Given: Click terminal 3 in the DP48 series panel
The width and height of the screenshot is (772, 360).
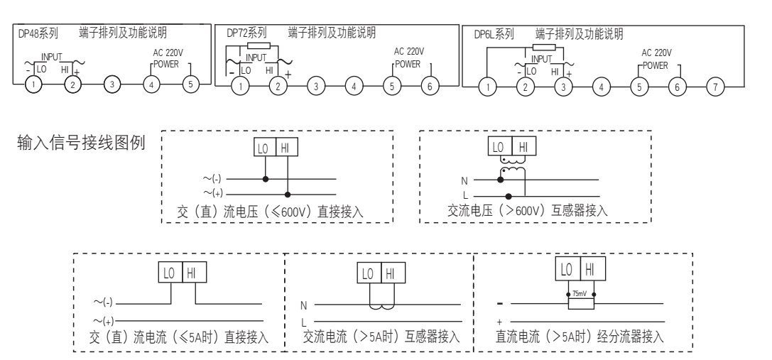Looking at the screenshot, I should tap(111, 84).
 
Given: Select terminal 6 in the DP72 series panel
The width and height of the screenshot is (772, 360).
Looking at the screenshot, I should tap(429, 86).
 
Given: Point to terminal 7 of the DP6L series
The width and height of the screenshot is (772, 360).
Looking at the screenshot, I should tap(714, 87).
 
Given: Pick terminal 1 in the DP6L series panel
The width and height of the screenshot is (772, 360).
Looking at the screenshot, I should tap(486, 87).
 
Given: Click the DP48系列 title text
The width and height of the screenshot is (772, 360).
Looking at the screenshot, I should tap(39, 33).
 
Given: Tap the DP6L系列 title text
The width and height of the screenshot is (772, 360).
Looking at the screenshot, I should tap(493, 33).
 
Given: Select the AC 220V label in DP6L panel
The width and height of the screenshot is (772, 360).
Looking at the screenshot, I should tap(656, 53).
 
